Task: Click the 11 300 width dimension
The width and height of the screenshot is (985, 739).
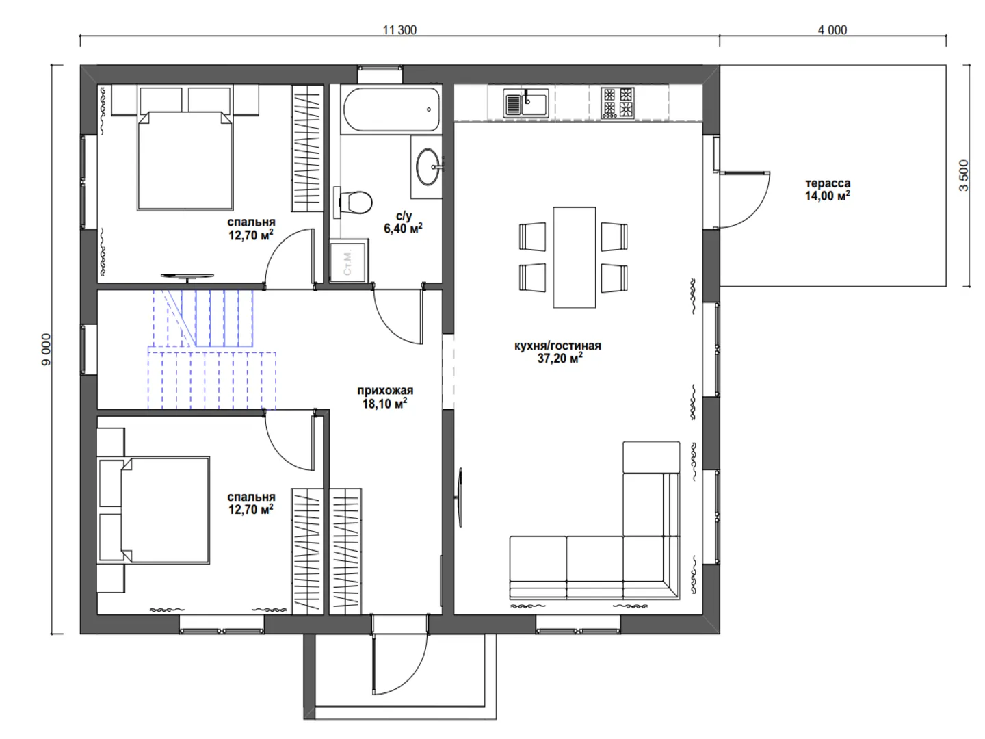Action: (x=399, y=30)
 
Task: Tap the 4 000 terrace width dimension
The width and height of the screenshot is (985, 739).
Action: (x=832, y=30)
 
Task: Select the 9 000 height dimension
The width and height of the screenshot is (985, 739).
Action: (x=47, y=349)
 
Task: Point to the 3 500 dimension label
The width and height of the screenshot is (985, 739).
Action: (x=964, y=175)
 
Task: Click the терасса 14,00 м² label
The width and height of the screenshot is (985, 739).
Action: (x=828, y=190)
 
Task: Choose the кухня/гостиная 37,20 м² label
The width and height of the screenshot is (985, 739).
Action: (x=557, y=352)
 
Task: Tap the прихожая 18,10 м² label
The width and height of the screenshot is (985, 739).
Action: (x=385, y=397)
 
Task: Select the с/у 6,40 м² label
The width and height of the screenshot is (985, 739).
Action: (x=403, y=222)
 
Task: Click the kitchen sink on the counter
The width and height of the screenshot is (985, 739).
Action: (x=525, y=103)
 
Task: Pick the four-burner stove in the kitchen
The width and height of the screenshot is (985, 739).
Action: (x=618, y=103)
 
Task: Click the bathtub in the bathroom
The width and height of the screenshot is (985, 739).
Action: (x=391, y=109)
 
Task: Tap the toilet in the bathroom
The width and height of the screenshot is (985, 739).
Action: (x=353, y=203)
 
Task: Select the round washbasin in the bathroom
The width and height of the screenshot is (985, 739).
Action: (x=428, y=166)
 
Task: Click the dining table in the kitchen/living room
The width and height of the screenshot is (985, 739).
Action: (x=574, y=257)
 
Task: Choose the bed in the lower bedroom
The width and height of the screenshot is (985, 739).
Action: (x=153, y=510)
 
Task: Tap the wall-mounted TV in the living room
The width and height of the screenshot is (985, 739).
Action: (x=459, y=497)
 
